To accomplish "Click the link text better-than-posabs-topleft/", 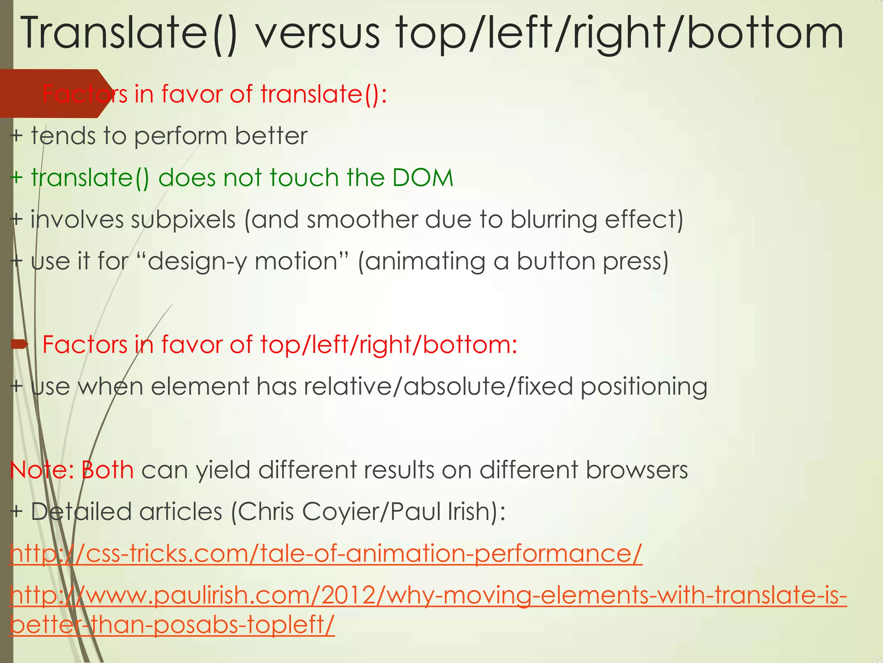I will pos(172,624).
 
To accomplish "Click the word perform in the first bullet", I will pos(180,136).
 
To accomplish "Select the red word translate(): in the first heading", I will pos(323,94).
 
